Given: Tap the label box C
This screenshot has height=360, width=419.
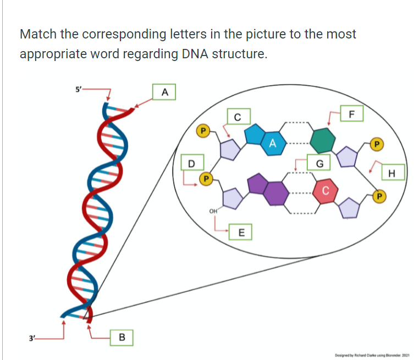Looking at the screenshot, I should click(x=237, y=117).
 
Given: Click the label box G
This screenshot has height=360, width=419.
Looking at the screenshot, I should click(x=319, y=163).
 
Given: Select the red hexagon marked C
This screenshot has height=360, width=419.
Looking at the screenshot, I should click(x=326, y=191).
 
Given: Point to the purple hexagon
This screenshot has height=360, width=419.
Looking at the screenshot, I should click(x=275, y=191).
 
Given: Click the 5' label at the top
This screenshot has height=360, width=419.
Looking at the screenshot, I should click(x=79, y=88).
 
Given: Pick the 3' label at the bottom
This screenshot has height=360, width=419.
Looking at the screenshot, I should click(x=25, y=337).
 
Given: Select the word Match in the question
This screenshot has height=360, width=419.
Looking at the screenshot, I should click(x=38, y=34).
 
